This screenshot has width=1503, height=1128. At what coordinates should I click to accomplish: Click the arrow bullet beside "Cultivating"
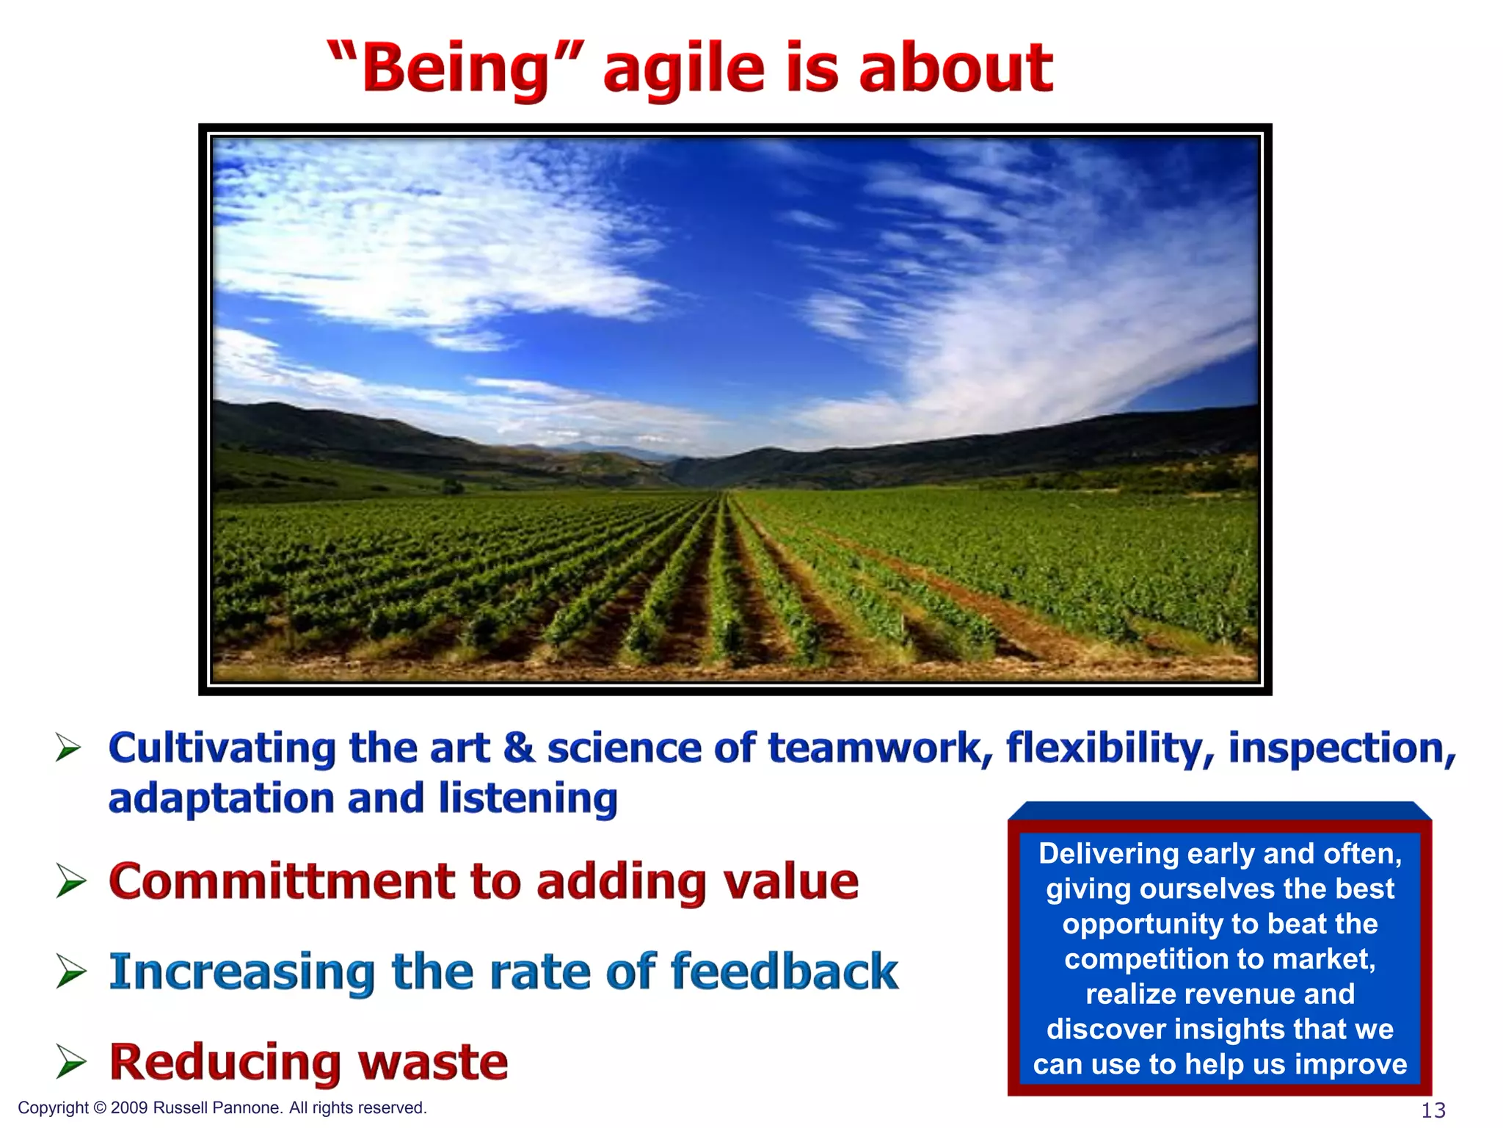pos(69,748)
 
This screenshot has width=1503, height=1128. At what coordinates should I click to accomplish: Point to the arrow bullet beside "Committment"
pos(70,881)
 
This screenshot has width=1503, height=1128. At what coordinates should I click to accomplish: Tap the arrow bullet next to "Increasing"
pos(70,972)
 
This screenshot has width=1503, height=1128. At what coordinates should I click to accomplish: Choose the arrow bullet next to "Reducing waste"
pos(70,1063)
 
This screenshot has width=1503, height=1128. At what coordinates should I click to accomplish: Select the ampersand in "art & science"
pos(519,748)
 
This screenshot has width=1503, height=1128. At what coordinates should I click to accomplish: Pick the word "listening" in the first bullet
pos(528,798)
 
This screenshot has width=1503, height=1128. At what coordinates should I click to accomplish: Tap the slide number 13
pos(1433,1110)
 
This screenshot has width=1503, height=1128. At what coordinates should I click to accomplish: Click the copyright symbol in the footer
pos(101,1108)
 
